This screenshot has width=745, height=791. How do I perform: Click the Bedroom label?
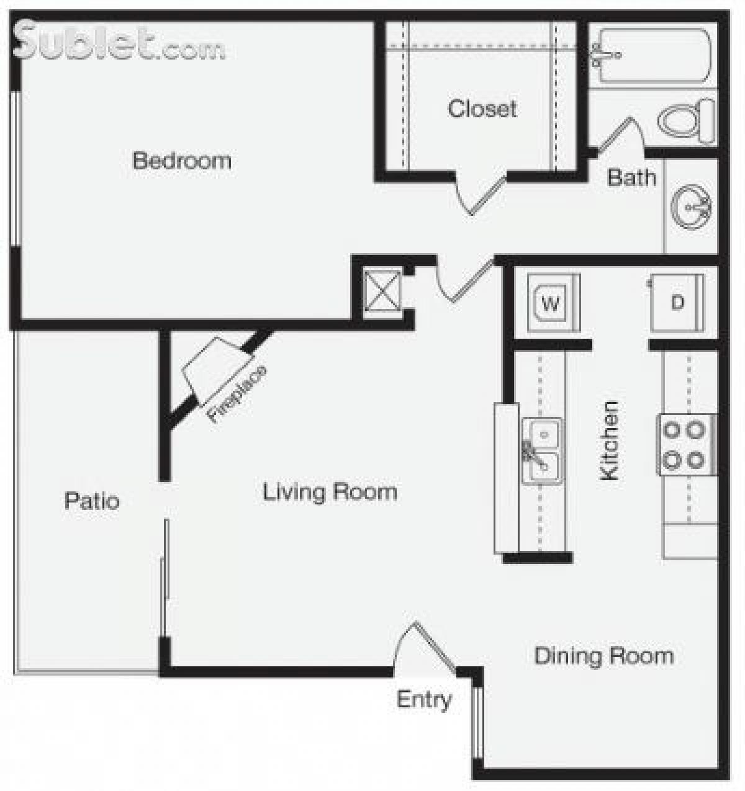pos(182,161)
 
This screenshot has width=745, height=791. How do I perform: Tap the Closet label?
pos(482,109)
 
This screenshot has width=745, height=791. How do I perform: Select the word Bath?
pos(631,177)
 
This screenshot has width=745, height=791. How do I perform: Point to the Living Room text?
pos(330,492)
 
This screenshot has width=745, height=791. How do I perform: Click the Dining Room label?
pos(603,656)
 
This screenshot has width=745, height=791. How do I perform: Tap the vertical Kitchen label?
pos(610,440)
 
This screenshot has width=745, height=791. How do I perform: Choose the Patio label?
pos(92,501)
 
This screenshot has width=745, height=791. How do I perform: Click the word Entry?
pos(424,700)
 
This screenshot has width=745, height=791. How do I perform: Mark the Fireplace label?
pos(237,395)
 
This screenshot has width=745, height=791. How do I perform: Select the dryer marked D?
pos(677,303)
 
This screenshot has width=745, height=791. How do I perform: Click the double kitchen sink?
pos(543,450)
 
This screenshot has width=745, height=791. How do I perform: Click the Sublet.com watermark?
pos(118,42)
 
